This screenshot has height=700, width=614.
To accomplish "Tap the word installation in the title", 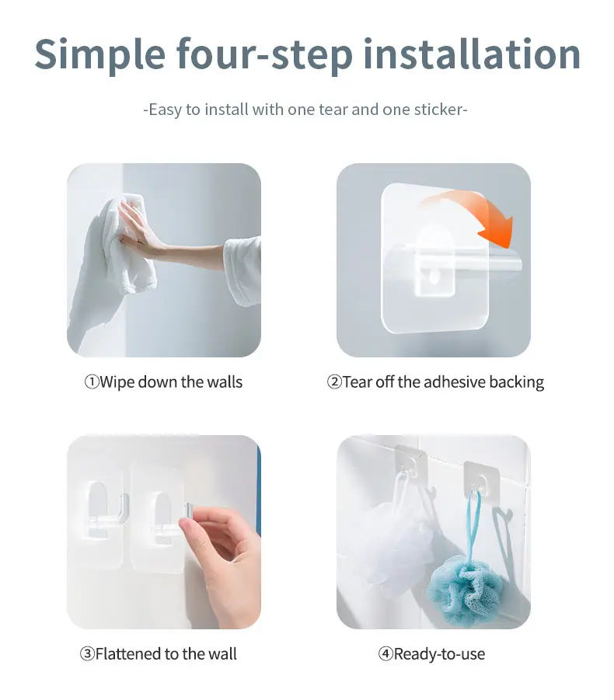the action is coord(472,54).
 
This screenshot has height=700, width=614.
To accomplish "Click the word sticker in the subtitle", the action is coord(438,110).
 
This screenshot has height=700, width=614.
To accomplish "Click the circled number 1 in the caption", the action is coord(91,382).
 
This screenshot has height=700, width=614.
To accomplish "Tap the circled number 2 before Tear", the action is coord(333,382).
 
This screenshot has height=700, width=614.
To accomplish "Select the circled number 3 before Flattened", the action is coord(87,654).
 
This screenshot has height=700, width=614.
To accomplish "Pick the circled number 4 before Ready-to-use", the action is coord(385,654).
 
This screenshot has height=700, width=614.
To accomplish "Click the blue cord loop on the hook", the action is coord(474,522).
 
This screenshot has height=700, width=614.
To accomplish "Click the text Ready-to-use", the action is coord(439,654).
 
